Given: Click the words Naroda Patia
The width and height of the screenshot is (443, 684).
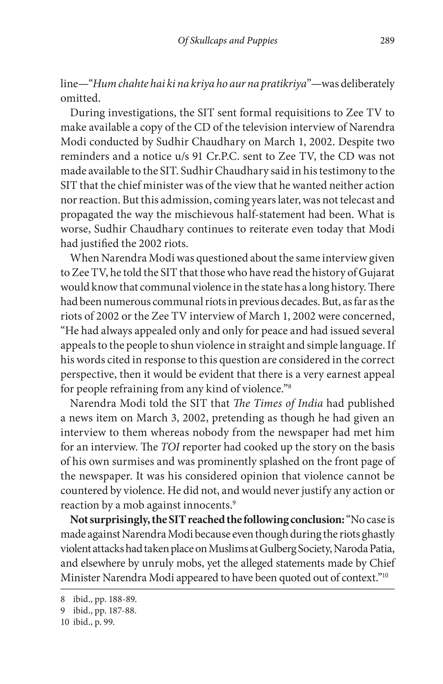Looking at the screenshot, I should pyautogui.click(x=364, y=549).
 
